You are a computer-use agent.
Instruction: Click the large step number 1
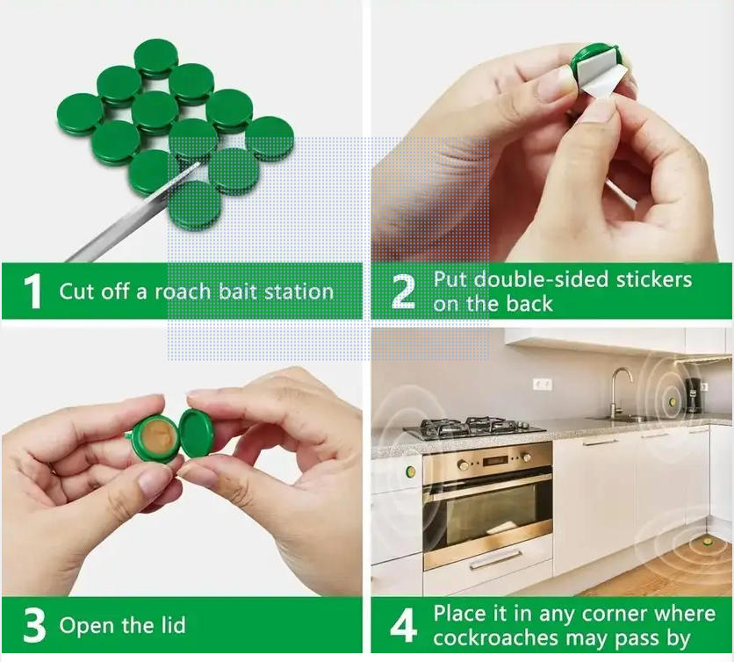click(x=32, y=291)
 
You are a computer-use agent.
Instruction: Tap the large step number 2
click(x=403, y=291)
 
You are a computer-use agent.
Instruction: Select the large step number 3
click(x=34, y=625)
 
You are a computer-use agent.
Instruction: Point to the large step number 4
click(x=403, y=625)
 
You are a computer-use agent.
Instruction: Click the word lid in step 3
click(x=173, y=625)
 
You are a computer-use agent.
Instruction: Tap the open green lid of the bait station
click(x=197, y=432)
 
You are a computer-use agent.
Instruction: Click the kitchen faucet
click(x=619, y=392)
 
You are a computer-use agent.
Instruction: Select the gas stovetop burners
click(x=474, y=428)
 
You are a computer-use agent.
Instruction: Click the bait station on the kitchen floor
click(x=705, y=542)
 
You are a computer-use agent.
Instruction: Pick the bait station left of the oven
click(x=411, y=471)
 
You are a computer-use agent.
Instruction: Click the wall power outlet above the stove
click(x=542, y=385)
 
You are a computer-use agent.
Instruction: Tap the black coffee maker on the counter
click(x=694, y=395)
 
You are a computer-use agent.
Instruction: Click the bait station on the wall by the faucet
click(x=673, y=401)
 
